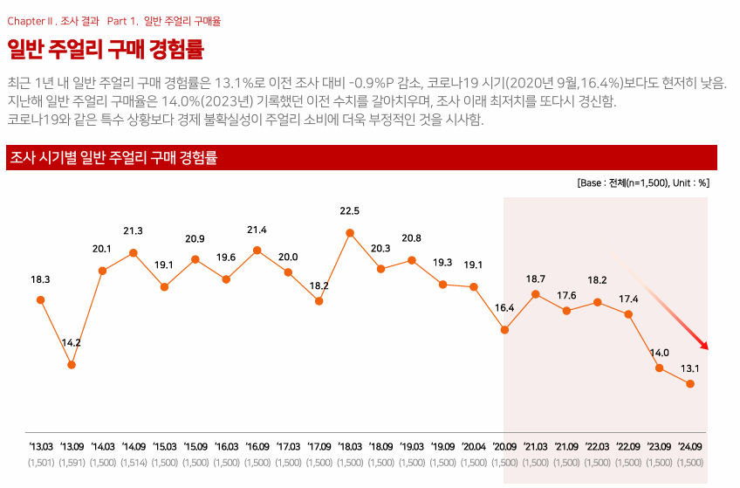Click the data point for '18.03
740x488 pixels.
(350, 233)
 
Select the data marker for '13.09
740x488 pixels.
(72, 365)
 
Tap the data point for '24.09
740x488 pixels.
(690, 384)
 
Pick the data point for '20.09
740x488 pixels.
(504, 330)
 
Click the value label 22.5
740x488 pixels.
(350, 210)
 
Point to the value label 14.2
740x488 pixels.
(72, 343)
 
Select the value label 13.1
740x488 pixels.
(690, 368)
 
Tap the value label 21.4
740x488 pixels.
(257, 230)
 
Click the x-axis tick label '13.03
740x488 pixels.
(40, 446)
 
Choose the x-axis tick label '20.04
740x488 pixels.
(474, 446)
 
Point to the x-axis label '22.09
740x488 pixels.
(628, 446)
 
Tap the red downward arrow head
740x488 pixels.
(704, 346)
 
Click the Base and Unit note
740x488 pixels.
(643, 184)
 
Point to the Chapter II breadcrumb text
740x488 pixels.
(52, 20)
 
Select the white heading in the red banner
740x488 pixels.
(113, 158)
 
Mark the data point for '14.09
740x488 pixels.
(134, 253)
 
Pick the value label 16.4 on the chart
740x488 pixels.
(504, 308)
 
